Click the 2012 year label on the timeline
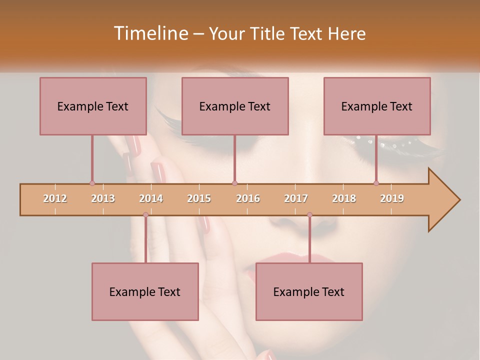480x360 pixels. [x=55, y=198]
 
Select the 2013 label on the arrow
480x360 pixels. [x=103, y=198]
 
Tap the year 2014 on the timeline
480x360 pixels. [x=151, y=198]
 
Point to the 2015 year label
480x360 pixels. [x=199, y=198]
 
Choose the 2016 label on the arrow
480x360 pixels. [x=248, y=198]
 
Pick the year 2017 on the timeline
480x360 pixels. [x=296, y=198]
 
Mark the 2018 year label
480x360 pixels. [x=344, y=198]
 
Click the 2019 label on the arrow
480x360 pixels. [x=392, y=198]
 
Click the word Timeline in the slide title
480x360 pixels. [x=150, y=33]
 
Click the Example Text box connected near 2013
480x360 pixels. [x=93, y=106]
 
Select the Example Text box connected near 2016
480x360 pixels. [x=235, y=106]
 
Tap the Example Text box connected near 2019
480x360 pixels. [x=377, y=106]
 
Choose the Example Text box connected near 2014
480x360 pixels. [x=145, y=291]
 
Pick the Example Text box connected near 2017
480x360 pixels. [x=309, y=291]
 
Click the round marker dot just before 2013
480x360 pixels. [x=92, y=183]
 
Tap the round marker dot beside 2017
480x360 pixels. [x=309, y=215]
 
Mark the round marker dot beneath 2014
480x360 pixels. [x=145, y=215]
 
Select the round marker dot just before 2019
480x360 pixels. [x=376, y=183]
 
